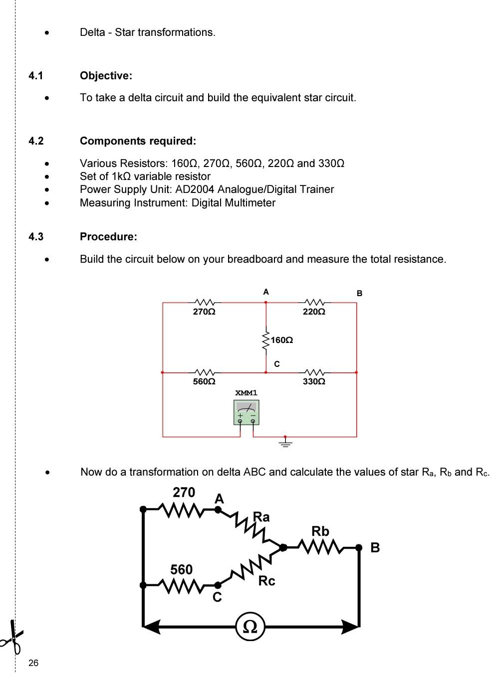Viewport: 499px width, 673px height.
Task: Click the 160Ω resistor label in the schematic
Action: (x=282, y=340)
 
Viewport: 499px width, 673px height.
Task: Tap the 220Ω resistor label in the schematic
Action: (x=314, y=312)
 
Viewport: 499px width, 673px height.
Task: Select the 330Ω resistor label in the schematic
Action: (x=314, y=381)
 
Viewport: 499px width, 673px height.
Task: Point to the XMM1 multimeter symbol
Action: (x=247, y=413)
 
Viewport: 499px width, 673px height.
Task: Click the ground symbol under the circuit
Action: (x=285, y=443)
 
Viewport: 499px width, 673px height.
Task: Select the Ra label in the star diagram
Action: (x=261, y=516)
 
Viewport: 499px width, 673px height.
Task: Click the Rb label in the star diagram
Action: (x=320, y=531)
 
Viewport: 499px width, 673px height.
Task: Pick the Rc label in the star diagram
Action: (x=266, y=581)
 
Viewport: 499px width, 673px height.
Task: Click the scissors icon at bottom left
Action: (x=12, y=636)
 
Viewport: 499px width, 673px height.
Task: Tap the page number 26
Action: (x=33, y=663)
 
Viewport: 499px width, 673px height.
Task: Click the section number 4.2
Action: (x=36, y=141)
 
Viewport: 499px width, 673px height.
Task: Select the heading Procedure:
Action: (x=108, y=237)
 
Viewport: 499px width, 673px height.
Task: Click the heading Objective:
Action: (x=106, y=76)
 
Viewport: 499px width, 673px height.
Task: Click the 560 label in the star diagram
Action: (x=181, y=569)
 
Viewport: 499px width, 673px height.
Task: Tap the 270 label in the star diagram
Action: (x=184, y=493)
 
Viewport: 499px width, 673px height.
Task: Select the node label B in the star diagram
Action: (x=375, y=548)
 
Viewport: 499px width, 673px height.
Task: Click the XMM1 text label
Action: (x=247, y=393)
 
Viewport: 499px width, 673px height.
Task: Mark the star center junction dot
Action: (x=283, y=547)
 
